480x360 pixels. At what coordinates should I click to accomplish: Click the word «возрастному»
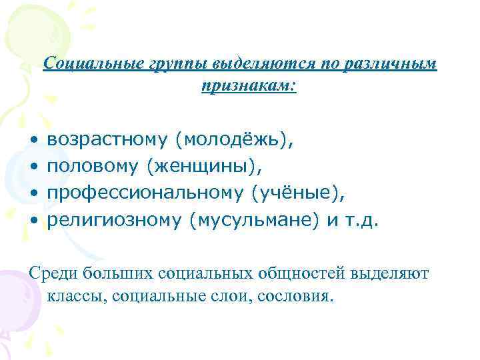pyautogui.click(x=109, y=139)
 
